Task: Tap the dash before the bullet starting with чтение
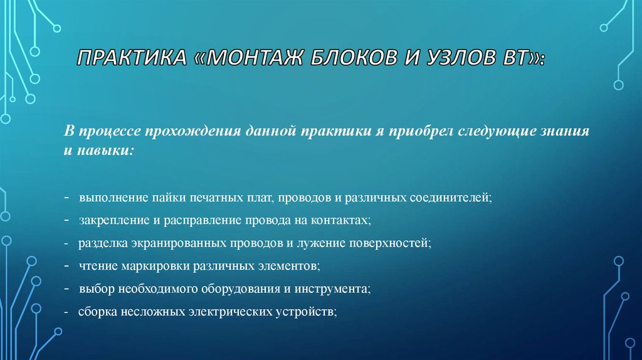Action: tap(66, 266)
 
